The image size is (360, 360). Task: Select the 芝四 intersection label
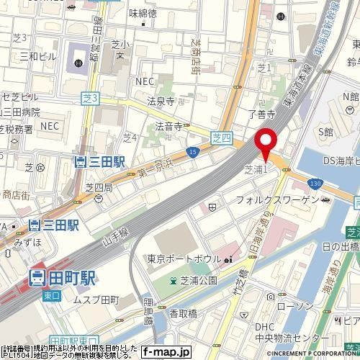[x=221, y=135]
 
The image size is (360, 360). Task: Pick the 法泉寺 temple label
[x=161, y=102]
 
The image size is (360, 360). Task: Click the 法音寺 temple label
[x=167, y=126]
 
